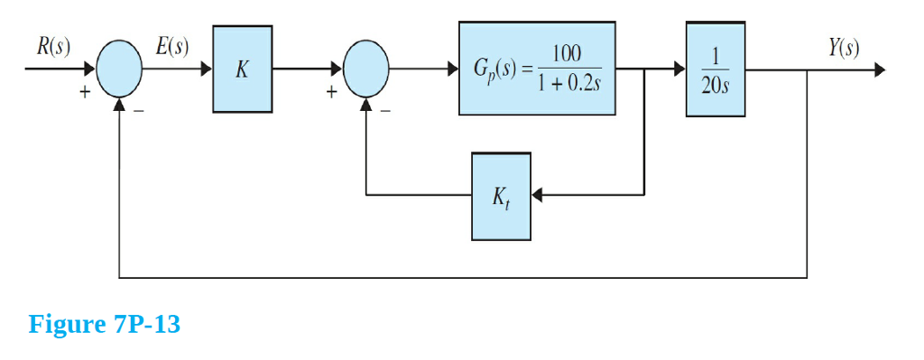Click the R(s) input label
(53, 47)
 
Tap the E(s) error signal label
(172, 47)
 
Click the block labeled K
(242, 69)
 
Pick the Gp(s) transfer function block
(537, 69)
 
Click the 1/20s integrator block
(715, 69)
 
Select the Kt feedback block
(501, 196)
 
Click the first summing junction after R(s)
(119, 69)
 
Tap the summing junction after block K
(365, 69)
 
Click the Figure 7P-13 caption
(105, 324)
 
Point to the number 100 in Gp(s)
(566, 53)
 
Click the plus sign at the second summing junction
(332, 91)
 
